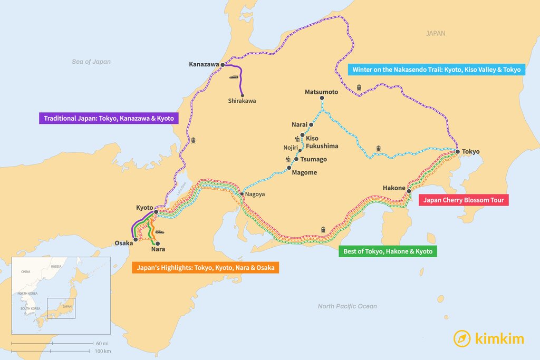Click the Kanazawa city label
click(x=204, y=64)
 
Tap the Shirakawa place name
click(x=242, y=101)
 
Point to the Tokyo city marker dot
click(x=458, y=152)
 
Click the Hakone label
click(x=394, y=188)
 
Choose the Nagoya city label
click(x=255, y=194)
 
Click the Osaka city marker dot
click(x=136, y=239)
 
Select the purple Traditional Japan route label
click(x=108, y=119)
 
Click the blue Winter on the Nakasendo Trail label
click(x=436, y=70)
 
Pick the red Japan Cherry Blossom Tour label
click(x=464, y=200)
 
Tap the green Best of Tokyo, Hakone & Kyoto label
click(x=387, y=251)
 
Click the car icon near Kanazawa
click(x=234, y=77)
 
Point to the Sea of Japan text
click(x=91, y=62)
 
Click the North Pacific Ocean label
click(x=347, y=306)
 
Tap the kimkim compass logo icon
click(x=462, y=338)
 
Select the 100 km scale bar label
click(x=102, y=351)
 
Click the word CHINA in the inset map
click(x=26, y=271)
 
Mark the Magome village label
click(x=305, y=172)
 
